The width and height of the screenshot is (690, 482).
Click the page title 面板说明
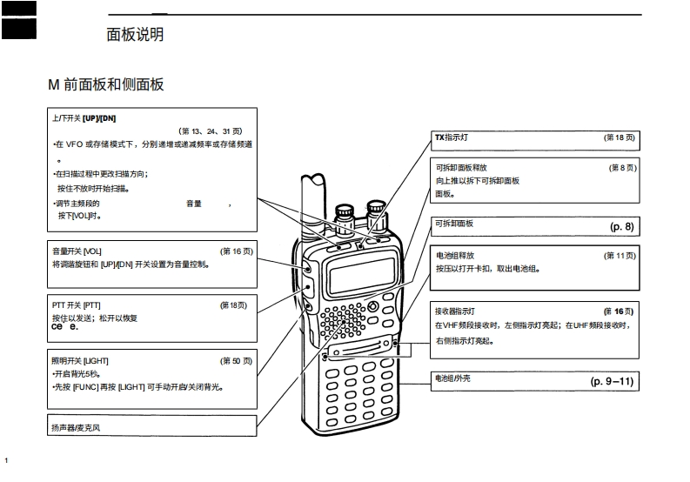click(x=134, y=35)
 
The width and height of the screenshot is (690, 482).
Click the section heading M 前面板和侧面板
click(x=105, y=84)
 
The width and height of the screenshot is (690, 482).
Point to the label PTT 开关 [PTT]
click(x=77, y=305)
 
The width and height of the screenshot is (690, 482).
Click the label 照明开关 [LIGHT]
click(x=80, y=360)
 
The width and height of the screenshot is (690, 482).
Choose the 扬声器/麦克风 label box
click(x=77, y=428)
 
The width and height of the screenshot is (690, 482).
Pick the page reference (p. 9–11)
click(x=613, y=381)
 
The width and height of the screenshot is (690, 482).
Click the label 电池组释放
click(x=455, y=256)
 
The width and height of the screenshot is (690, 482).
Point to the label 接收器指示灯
click(x=455, y=311)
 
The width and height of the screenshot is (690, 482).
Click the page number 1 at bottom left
click(x=6, y=459)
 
